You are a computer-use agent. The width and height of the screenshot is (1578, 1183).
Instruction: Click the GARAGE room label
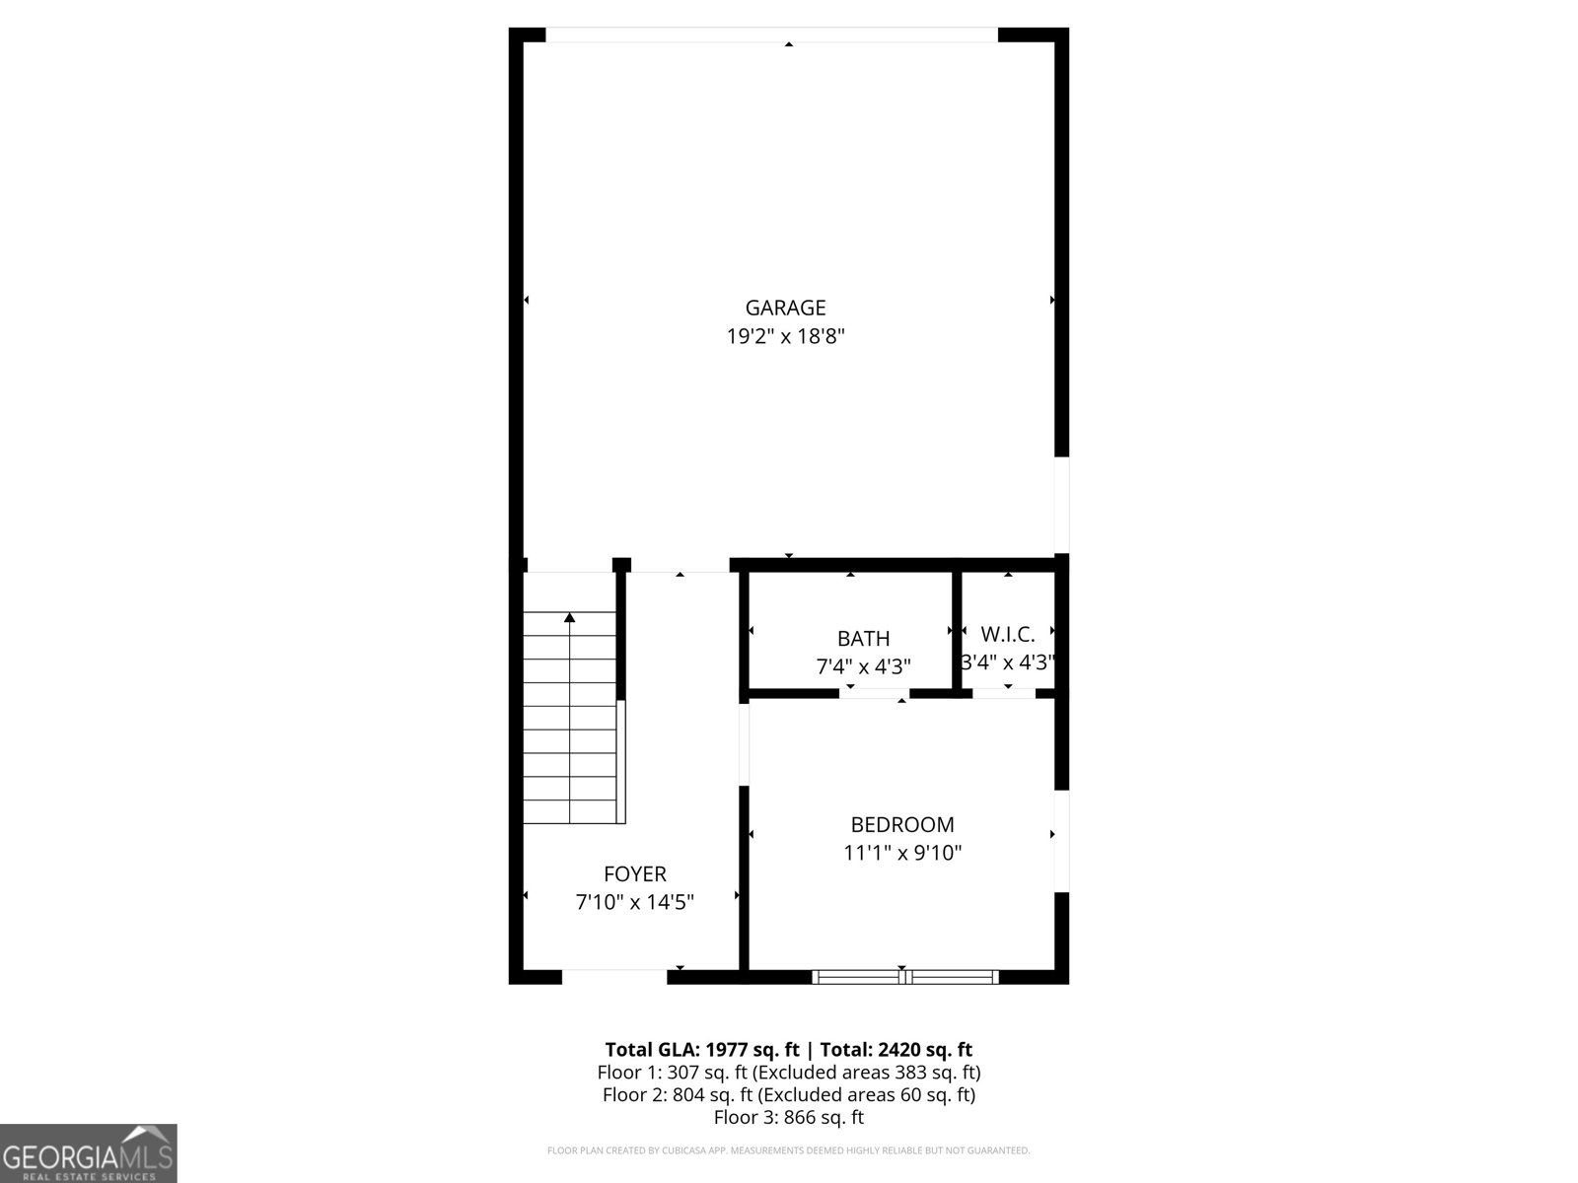click(x=785, y=308)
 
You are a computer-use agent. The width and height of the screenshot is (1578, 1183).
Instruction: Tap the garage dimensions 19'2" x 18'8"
click(x=785, y=336)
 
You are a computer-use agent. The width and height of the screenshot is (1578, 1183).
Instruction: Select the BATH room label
click(x=863, y=639)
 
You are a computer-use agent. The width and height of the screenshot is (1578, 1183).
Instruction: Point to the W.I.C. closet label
click(x=1007, y=634)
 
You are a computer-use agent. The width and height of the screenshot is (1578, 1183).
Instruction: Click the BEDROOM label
click(x=901, y=824)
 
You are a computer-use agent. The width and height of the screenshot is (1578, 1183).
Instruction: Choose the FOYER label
click(x=634, y=873)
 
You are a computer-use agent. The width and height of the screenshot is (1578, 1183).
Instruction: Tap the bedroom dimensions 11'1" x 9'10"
click(x=901, y=853)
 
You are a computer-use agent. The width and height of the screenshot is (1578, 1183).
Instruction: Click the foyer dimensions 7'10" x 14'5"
click(x=634, y=902)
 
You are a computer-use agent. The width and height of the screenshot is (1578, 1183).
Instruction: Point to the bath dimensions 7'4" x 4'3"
click(x=863, y=667)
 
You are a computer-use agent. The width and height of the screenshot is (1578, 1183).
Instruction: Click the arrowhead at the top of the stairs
click(x=569, y=618)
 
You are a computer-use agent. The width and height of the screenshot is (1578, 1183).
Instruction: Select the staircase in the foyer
click(x=570, y=720)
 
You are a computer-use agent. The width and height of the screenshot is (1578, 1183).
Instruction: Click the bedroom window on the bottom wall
click(x=904, y=977)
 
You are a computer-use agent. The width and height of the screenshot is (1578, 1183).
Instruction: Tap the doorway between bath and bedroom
click(x=874, y=694)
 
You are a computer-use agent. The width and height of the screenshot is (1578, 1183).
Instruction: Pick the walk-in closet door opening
click(x=1003, y=694)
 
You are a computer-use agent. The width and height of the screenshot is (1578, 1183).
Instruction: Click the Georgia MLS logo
click(x=88, y=1153)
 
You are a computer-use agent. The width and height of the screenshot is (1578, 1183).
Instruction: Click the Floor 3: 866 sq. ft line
click(x=788, y=1118)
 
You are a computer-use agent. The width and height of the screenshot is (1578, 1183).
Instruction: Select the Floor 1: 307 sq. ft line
click(x=788, y=1073)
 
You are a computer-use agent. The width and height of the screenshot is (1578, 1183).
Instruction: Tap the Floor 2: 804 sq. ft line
click(x=788, y=1095)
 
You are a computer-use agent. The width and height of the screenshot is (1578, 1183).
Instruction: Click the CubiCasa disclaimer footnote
click(x=788, y=1150)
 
